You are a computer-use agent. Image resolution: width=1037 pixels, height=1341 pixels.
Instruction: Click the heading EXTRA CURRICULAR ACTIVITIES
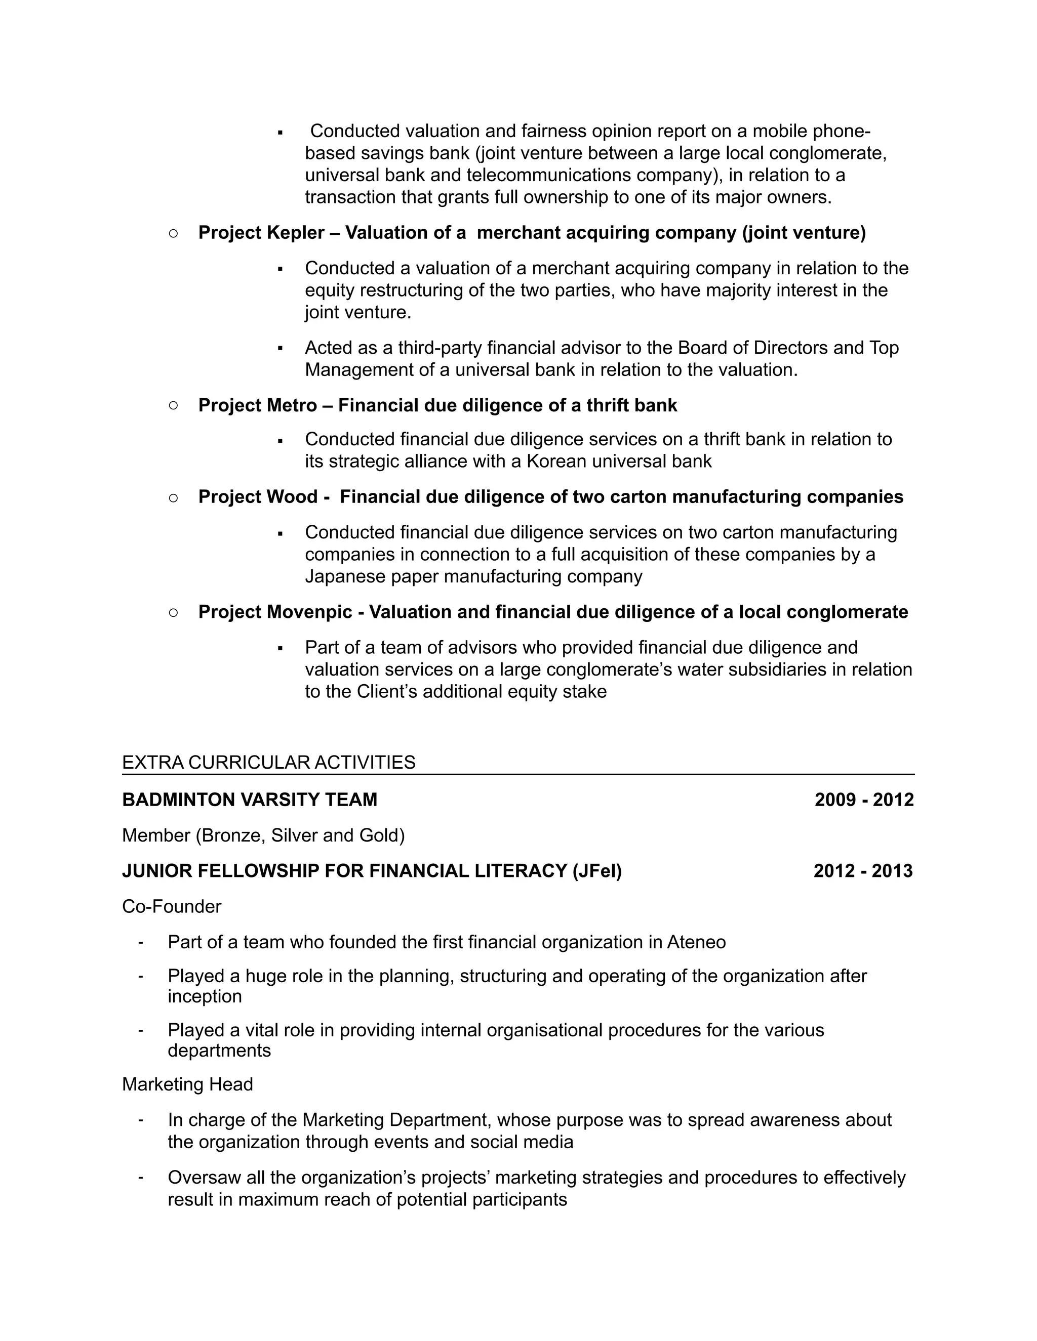(x=268, y=763)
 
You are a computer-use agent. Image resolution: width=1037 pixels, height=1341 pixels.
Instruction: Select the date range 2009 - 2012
(x=864, y=800)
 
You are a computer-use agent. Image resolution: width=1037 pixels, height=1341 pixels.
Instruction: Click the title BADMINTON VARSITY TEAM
(x=250, y=800)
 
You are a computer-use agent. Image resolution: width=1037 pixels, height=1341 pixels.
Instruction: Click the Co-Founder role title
(x=172, y=906)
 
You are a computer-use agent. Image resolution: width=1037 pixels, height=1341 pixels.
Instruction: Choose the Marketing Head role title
(x=187, y=1084)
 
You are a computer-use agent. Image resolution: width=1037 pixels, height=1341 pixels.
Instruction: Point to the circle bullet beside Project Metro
(x=173, y=405)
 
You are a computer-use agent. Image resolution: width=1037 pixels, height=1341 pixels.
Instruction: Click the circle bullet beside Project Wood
(x=173, y=497)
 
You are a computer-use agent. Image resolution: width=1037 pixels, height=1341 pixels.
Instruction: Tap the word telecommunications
(x=548, y=176)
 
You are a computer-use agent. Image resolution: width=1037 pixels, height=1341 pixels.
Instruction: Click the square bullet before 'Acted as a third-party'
(x=280, y=349)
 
